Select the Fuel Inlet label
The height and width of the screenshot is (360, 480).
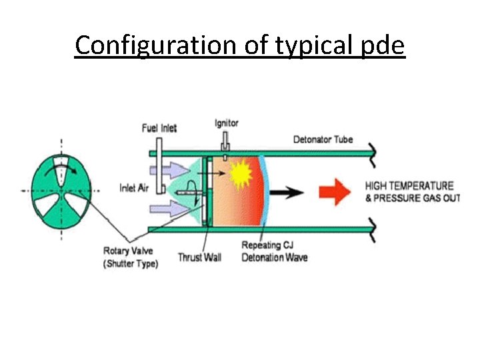coord(159,128)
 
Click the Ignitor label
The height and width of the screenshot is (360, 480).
coord(227,123)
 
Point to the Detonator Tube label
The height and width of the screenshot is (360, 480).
coord(323,139)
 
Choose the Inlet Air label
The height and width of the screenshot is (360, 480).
coord(134,188)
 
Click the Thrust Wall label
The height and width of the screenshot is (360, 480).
coord(199,257)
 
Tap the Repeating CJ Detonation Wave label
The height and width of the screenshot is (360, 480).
coord(275,251)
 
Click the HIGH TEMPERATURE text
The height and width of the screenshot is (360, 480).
coord(409,186)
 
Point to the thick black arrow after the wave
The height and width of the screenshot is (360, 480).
coord(288,193)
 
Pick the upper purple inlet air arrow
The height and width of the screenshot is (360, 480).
coord(165,171)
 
